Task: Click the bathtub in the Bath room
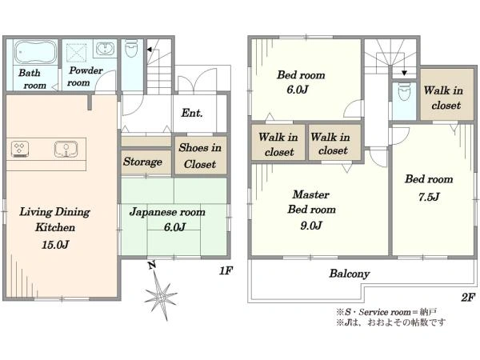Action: tap(36, 52)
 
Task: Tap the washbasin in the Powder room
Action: tap(106, 48)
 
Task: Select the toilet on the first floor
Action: tap(132, 48)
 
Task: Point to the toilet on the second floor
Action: tap(404, 91)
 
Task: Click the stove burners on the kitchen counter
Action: tap(20, 149)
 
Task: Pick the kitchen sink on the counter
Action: tap(66, 149)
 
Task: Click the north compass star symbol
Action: tap(161, 295)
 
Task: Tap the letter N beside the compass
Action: tap(152, 265)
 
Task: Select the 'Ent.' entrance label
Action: tap(192, 113)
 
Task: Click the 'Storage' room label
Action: tap(142, 162)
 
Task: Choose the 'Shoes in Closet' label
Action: tap(200, 155)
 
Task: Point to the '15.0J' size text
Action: tap(55, 244)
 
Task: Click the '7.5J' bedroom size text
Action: tap(429, 197)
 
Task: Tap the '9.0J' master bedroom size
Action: tap(311, 226)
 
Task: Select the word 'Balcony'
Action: tap(350, 274)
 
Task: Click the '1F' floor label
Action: tap(226, 270)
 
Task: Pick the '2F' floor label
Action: tap(468, 297)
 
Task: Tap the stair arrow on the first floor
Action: tap(150, 50)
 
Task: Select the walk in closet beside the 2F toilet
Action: tap(446, 94)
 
